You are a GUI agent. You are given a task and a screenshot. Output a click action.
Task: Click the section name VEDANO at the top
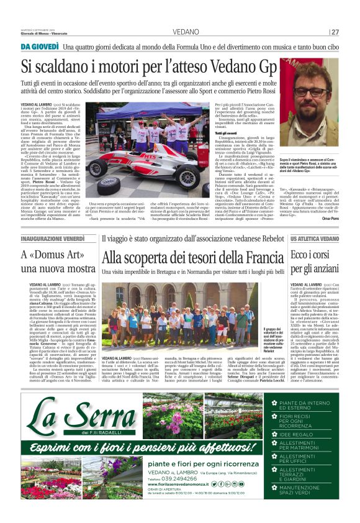186,32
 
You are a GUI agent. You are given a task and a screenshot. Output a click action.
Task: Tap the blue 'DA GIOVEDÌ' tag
40,47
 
